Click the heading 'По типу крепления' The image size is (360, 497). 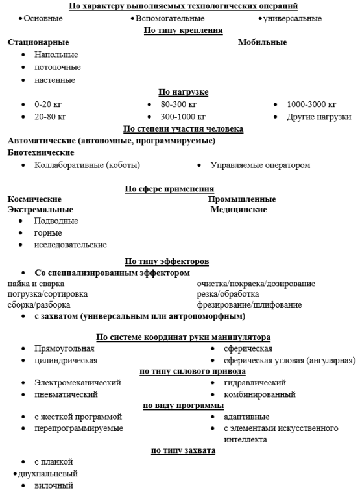pyautogui.click(x=182, y=30)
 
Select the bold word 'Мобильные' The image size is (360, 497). pyautogui.click(x=262, y=42)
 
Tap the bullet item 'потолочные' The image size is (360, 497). pyautogui.click(x=58, y=67)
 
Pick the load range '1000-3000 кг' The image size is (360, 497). pyautogui.click(x=311, y=104)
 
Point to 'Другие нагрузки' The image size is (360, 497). pyautogui.click(x=318, y=117)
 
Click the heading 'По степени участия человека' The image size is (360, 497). pyautogui.click(x=182, y=128)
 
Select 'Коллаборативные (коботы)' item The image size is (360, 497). pyautogui.click(x=87, y=165)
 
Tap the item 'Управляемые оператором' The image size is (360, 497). pyautogui.click(x=260, y=165)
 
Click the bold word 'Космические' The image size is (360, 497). pyautogui.click(x=34, y=199)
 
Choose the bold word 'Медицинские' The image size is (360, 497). pyautogui.click(x=239, y=210)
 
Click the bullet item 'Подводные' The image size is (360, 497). pyautogui.click(x=56, y=221)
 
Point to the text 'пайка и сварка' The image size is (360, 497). pyautogui.click(x=36, y=284)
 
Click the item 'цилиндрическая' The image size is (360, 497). pyautogui.click(x=66, y=360)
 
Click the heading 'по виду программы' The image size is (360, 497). pyautogui.click(x=182, y=406)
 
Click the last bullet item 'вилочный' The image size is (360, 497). pyautogui.click(x=54, y=485)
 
